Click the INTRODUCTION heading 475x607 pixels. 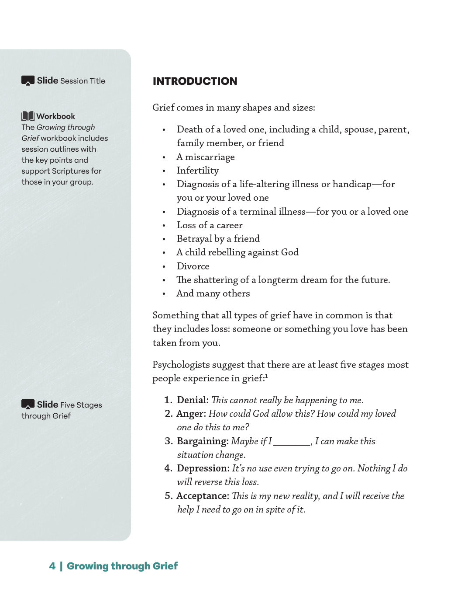point(195,81)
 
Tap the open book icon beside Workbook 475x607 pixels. point(28,116)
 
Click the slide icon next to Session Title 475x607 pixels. point(28,81)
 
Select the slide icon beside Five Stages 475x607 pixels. point(28,405)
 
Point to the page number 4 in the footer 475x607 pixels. point(52,566)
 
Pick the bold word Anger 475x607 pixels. point(191,414)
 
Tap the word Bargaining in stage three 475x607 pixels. point(203,441)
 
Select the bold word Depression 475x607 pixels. point(203,468)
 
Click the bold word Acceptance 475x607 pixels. point(203,496)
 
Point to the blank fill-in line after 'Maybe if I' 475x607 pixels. point(292,443)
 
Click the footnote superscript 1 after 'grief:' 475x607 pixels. point(267,376)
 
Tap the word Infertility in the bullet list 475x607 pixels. point(198,171)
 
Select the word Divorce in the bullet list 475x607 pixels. point(193,266)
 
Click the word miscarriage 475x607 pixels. point(210,157)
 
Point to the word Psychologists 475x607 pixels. point(179,365)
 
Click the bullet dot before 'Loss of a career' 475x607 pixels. point(164,226)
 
